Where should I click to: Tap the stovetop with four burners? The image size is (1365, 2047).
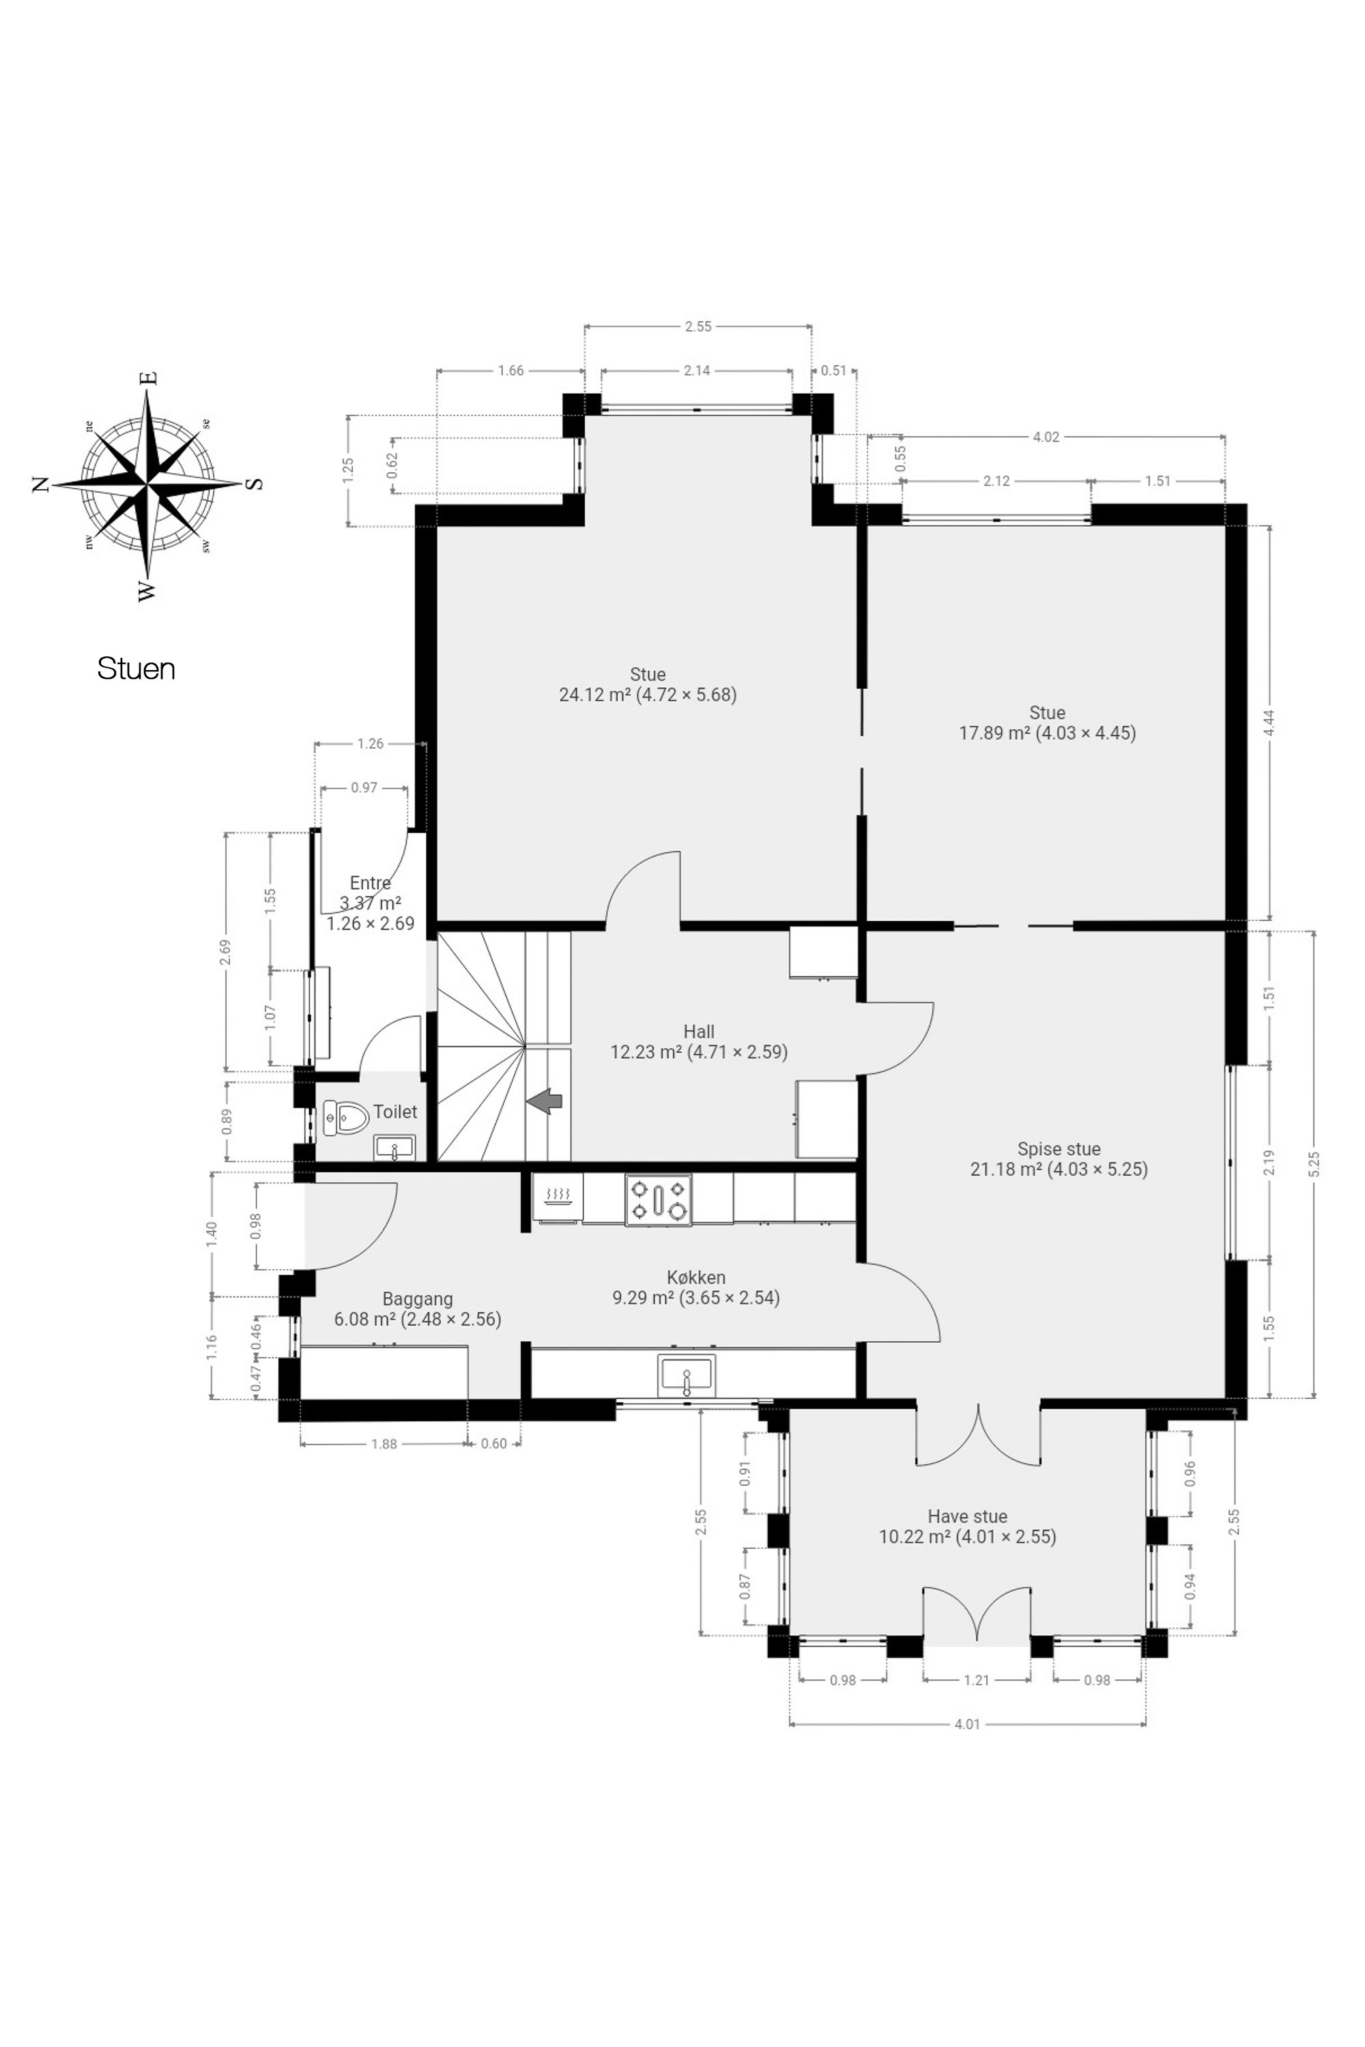(658, 1200)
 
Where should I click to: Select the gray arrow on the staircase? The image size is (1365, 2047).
(544, 1101)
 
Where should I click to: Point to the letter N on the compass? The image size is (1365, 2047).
(40, 484)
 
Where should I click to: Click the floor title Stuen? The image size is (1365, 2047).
(136, 669)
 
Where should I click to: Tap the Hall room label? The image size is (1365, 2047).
(699, 1031)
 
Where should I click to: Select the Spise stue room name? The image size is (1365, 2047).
(1059, 1149)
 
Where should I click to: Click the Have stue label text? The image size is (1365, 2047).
(967, 1516)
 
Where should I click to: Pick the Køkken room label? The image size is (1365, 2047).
(696, 1277)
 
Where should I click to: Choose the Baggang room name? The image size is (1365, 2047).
(418, 1298)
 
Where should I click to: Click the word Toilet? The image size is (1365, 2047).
(395, 1112)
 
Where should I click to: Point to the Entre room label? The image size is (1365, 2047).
(370, 882)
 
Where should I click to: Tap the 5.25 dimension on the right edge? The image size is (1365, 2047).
(1314, 1163)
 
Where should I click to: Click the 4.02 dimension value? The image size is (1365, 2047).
(1046, 437)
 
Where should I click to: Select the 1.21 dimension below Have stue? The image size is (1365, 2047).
(977, 1680)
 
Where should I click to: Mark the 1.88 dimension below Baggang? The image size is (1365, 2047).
(384, 1444)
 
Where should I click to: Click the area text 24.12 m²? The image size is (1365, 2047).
(594, 695)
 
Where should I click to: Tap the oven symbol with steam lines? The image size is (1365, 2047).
(557, 1197)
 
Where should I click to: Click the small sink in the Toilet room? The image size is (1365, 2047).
(394, 1148)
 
